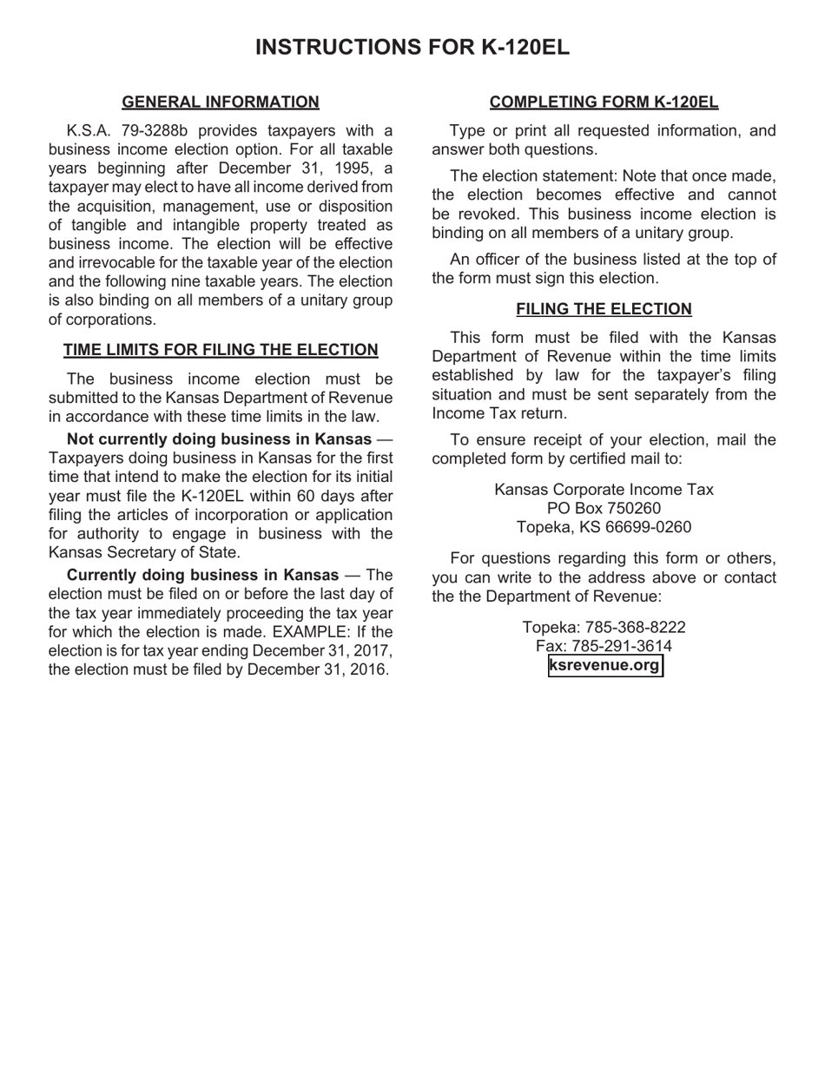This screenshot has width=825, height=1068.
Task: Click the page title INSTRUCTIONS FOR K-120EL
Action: pos(412,47)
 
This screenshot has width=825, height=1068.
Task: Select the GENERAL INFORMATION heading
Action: pos(221,102)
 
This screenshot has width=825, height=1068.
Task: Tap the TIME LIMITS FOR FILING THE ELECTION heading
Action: pos(221,350)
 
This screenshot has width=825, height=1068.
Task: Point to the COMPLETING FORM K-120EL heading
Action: pos(604,102)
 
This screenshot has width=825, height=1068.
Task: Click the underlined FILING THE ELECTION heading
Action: pos(604,309)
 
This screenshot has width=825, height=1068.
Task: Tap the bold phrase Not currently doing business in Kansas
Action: pos(219,439)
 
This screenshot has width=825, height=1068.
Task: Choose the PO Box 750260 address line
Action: pos(604,508)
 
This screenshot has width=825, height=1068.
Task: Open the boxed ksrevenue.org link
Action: pos(604,666)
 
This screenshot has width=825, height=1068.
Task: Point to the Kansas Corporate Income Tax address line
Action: pos(604,490)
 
